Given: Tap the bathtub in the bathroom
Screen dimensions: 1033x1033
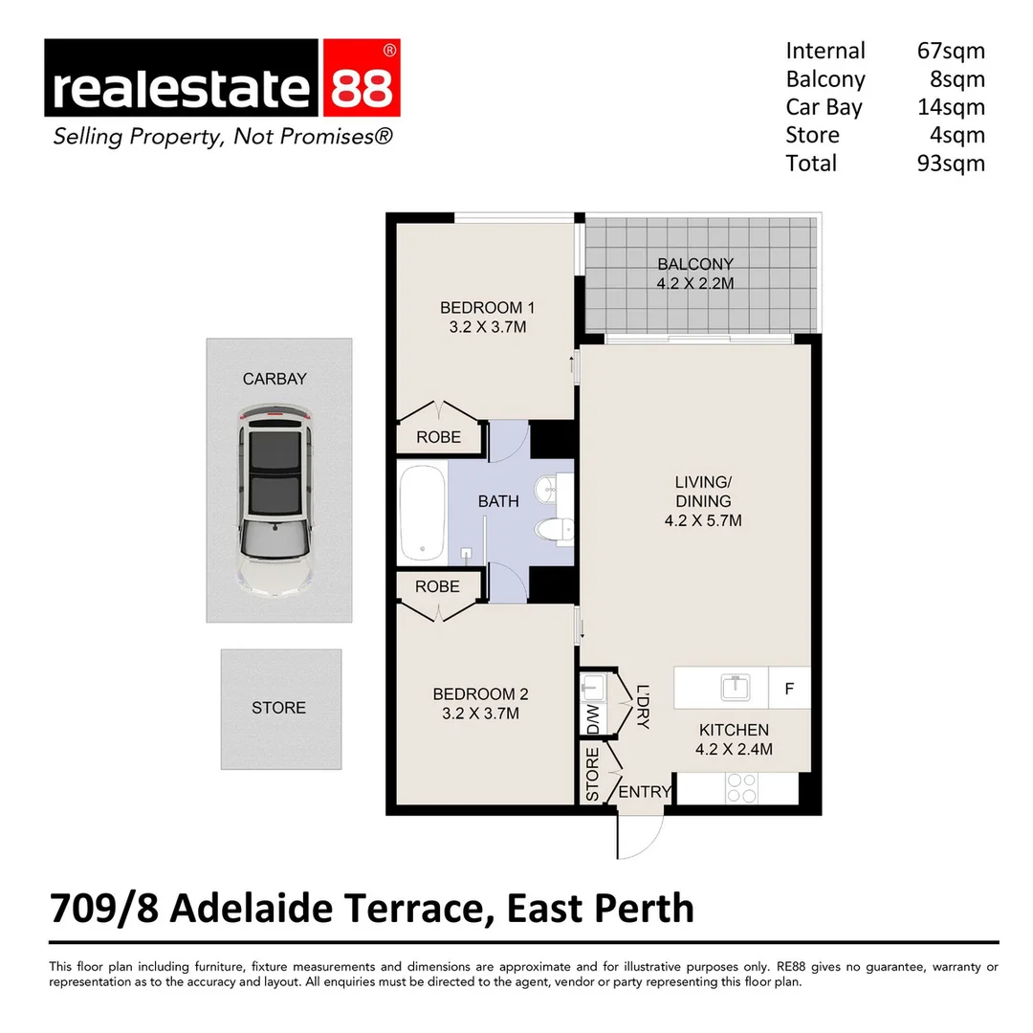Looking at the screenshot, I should [422, 514].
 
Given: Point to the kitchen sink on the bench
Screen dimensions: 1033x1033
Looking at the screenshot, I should [735, 687].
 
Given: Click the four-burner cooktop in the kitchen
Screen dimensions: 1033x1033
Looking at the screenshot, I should [741, 787].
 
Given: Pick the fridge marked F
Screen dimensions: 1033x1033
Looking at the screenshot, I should [789, 688].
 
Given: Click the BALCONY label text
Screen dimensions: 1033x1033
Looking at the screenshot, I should [695, 264].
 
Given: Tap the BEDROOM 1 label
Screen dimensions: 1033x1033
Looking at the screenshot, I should [487, 308].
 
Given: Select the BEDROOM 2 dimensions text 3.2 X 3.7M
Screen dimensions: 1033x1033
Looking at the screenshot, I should [480, 713].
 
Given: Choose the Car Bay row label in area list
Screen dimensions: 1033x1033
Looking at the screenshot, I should [824, 107].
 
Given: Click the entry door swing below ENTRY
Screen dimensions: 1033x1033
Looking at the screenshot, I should [639, 834].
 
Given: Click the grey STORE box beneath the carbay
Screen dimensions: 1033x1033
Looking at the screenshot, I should [280, 709].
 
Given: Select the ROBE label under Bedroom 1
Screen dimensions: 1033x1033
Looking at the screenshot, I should [438, 437].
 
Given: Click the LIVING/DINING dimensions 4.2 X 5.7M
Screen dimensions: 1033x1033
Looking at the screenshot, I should [703, 521].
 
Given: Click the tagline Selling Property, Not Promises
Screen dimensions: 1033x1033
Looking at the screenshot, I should [222, 137].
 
